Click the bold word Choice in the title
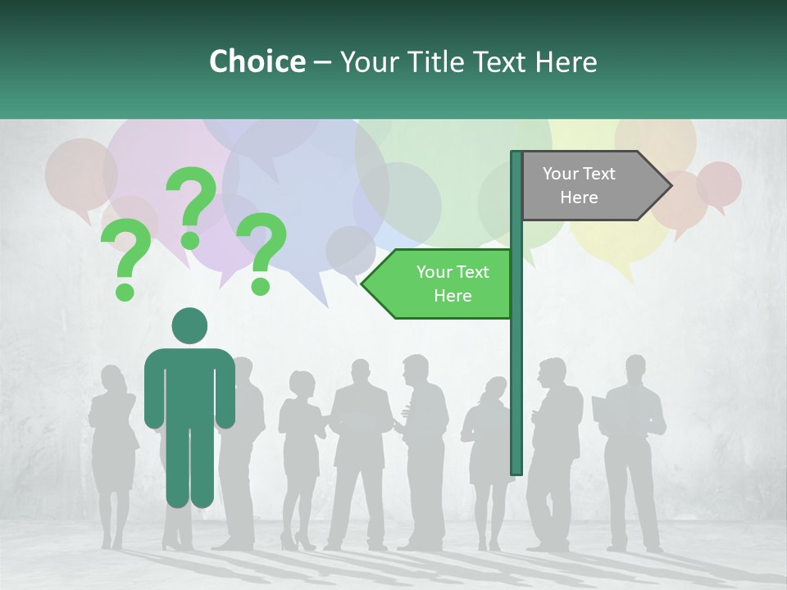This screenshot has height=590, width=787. (x=257, y=61)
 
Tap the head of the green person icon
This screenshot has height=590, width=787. (x=189, y=325)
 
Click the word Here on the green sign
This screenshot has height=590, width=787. (x=453, y=296)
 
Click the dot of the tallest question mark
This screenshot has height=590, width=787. (x=190, y=240)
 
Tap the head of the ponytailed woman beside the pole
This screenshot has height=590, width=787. (x=495, y=388)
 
